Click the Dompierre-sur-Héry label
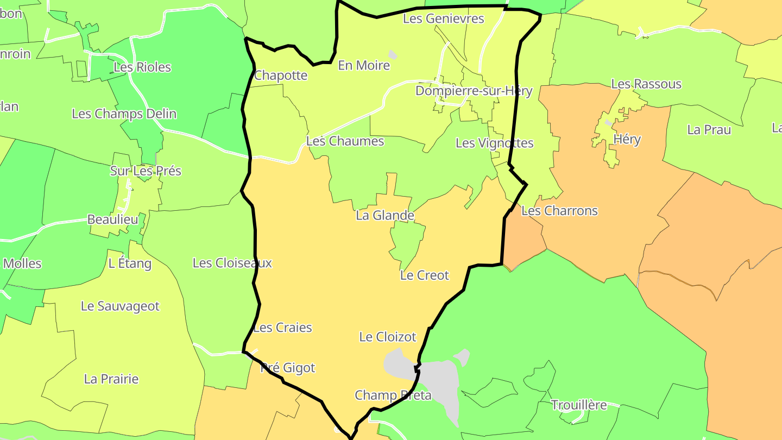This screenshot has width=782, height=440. tap(474, 91)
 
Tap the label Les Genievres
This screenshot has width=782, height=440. tap(443, 18)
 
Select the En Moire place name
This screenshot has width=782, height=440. tap(364, 66)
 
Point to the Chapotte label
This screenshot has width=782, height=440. tap(281, 76)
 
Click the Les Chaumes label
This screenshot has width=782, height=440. tap(345, 141)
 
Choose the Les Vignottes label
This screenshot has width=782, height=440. tap(494, 143)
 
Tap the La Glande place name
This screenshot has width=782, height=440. tap(385, 216)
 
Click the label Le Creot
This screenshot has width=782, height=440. tap(424, 275)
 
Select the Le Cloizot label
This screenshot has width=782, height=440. tap(388, 337)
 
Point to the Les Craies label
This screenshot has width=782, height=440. tap(282, 328)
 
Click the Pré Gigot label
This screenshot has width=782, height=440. tap(288, 368)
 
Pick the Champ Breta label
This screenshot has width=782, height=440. tap(393, 395)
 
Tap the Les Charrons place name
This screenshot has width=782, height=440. tap(559, 211)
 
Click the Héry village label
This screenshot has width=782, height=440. tap(627, 140)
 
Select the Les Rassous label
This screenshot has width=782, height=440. tap(646, 84)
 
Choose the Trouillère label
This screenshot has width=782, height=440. tap(578, 405)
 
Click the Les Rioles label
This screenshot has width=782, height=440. tap(142, 67)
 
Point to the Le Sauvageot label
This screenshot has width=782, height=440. tap(120, 306)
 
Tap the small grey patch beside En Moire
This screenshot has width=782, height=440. tap(392, 55)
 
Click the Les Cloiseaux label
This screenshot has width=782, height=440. tap(232, 263)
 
